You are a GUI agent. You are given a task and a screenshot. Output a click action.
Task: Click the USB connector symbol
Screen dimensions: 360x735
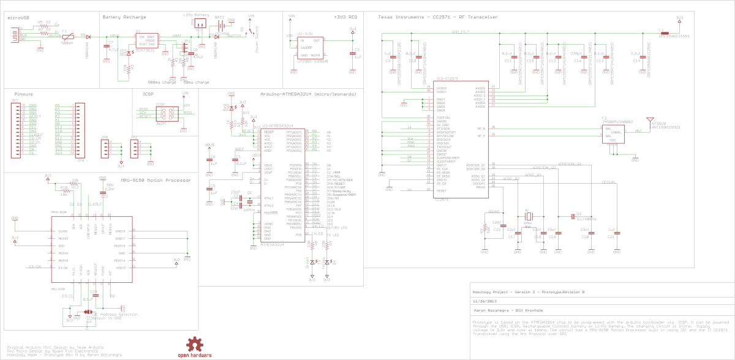(x=13, y=36)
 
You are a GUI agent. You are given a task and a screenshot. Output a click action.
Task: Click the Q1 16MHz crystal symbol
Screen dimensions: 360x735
(x=249, y=202)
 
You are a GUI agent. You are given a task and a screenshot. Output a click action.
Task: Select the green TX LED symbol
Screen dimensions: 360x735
(x=312, y=261)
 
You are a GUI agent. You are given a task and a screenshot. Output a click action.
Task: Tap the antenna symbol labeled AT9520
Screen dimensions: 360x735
(x=649, y=122)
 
